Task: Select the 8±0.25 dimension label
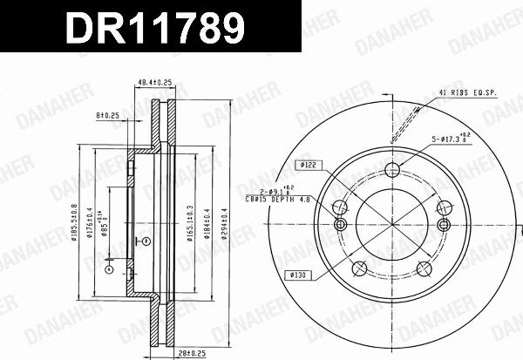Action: click(x=108, y=114)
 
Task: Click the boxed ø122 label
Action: click(x=308, y=165)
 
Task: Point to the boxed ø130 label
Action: click(x=296, y=275)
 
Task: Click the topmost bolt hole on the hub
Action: click(x=391, y=170)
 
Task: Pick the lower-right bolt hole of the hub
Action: click(x=424, y=268)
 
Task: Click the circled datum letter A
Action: click(x=108, y=270)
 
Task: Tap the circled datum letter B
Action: click(x=146, y=240)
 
